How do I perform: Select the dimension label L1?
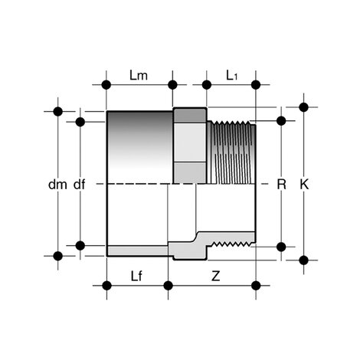pos(232,75)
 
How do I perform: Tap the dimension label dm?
pos(57,184)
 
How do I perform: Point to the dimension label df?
pos(80,184)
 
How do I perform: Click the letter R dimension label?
pos(281,184)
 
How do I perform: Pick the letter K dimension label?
pos(304,184)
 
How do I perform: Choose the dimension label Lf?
pos(136,273)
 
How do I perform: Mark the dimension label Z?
pos(211,273)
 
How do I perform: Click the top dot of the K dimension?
pos(304,106)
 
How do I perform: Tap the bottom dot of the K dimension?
pos(304,260)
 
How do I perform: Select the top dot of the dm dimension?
pos(57,111)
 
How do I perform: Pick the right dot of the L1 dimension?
pos(256,84)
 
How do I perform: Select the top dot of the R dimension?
pos(281,120)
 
